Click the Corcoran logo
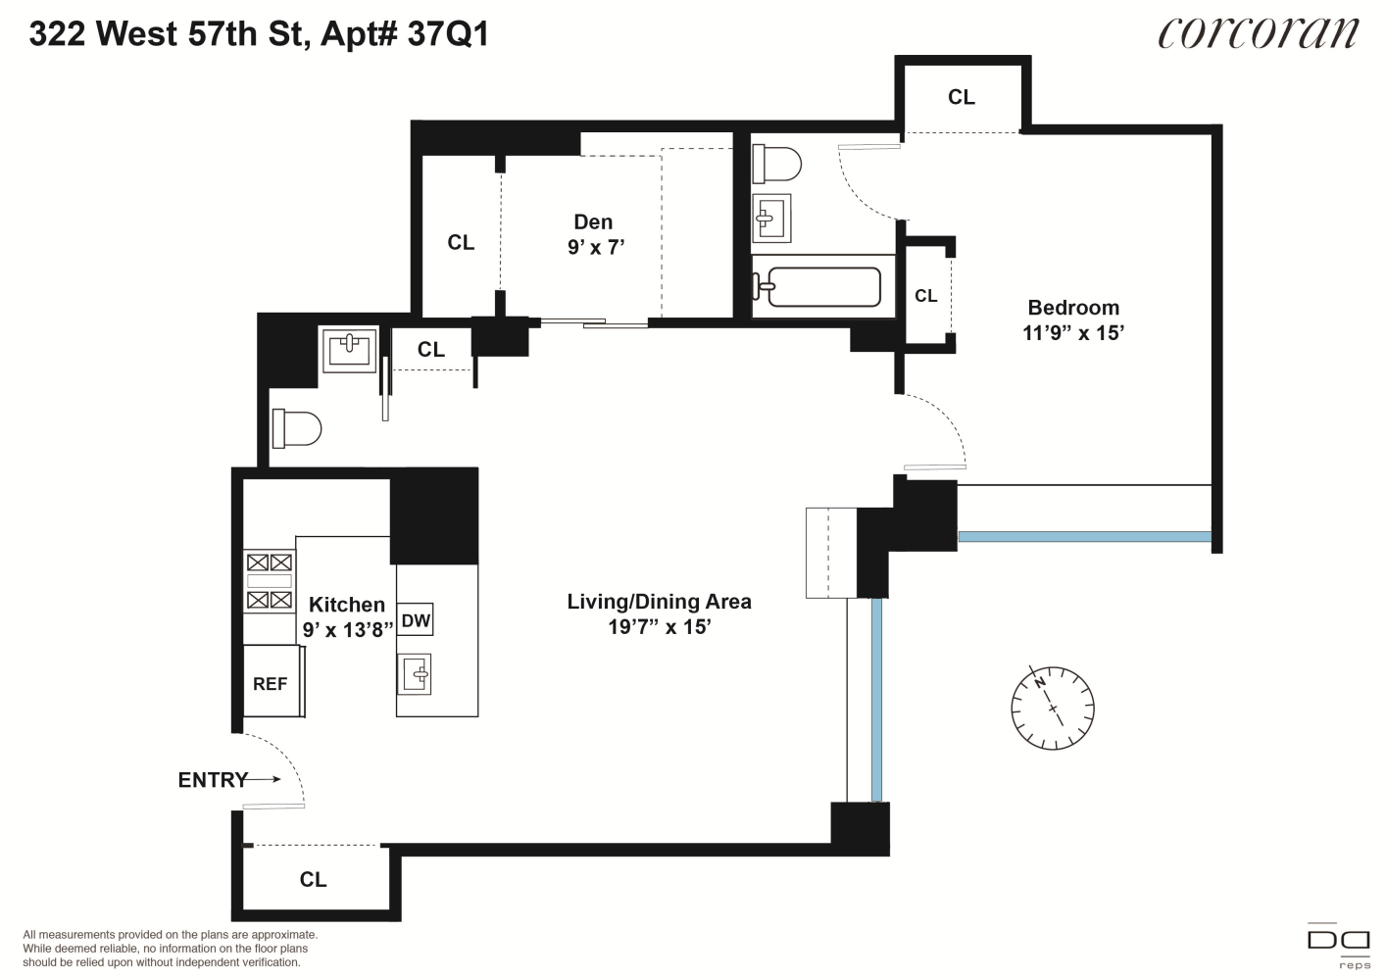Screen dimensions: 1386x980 click(1259, 34)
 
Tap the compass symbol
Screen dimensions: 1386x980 click(1053, 708)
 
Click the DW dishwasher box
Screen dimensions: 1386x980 click(416, 620)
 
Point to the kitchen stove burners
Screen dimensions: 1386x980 click(270, 581)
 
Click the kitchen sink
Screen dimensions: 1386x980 click(415, 674)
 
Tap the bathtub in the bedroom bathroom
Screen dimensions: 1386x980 click(817, 286)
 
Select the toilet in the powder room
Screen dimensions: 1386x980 click(296, 428)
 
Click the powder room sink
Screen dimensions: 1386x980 click(350, 350)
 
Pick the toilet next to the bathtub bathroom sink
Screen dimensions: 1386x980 click(776, 164)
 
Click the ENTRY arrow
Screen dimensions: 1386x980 click(263, 779)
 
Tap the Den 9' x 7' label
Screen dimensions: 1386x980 click(595, 234)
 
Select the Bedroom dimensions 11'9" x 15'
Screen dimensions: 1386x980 click(1073, 333)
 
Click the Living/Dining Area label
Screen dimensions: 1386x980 click(659, 602)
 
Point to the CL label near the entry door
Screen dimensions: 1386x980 click(313, 879)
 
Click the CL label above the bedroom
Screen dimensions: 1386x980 click(962, 97)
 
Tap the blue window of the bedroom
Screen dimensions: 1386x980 click(1085, 536)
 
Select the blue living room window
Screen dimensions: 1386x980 click(876, 700)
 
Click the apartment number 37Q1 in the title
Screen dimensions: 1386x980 click(448, 34)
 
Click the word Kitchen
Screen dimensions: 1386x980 click(347, 605)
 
